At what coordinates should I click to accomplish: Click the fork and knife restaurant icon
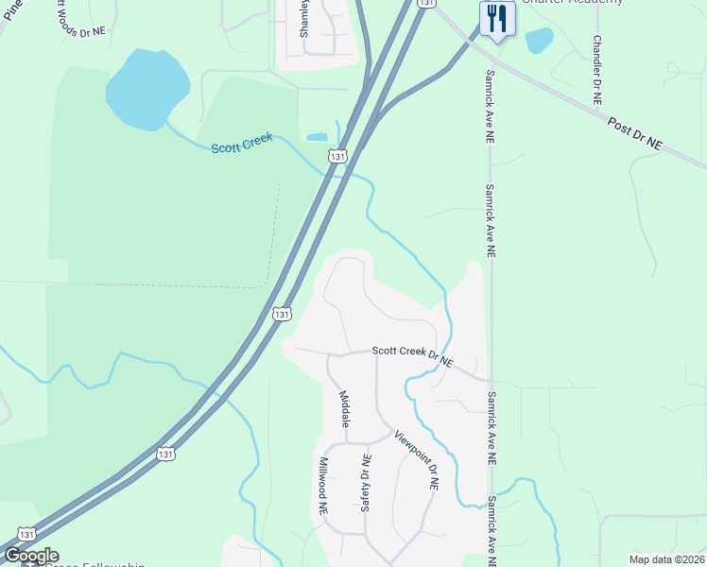click(x=496, y=18)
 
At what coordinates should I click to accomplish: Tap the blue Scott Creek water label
click(x=242, y=143)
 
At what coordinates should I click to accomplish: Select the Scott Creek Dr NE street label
click(x=412, y=355)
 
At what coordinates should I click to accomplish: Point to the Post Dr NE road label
click(x=634, y=133)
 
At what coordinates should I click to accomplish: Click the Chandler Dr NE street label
click(x=597, y=71)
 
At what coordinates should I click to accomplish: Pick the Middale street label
click(x=345, y=406)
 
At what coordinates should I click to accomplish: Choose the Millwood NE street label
click(x=323, y=485)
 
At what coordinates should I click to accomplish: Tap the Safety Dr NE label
click(x=365, y=482)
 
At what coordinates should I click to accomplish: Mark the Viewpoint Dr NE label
click(x=418, y=460)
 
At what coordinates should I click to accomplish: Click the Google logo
click(x=31, y=556)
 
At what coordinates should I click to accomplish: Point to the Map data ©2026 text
click(x=665, y=559)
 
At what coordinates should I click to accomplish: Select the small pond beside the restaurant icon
click(x=539, y=41)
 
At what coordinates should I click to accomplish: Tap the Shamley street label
click(x=304, y=19)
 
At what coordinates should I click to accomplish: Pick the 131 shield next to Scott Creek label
click(x=338, y=156)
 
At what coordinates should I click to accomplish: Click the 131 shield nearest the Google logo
click(x=27, y=534)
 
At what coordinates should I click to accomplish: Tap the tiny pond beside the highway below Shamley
click(x=317, y=137)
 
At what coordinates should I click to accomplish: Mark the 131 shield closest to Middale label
click(x=281, y=312)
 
